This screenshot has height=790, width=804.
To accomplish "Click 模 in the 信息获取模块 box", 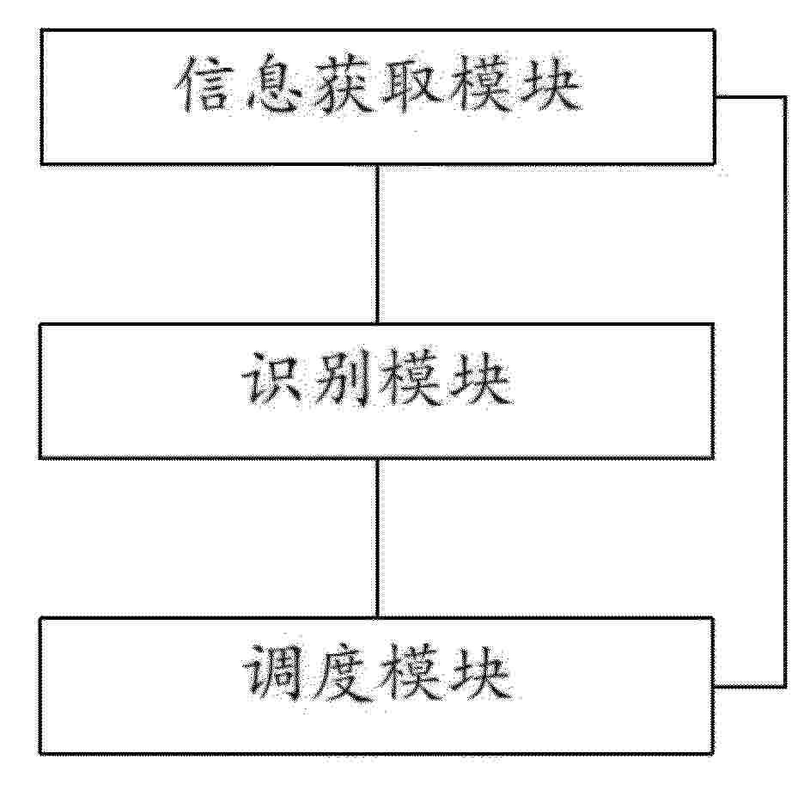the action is [x=480, y=84].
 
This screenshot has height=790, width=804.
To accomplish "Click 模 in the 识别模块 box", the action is [x=411, y=378].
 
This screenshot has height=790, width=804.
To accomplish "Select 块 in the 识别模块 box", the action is [x=480, y=378].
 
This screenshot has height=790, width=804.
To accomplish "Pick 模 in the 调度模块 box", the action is [x=411, y=672].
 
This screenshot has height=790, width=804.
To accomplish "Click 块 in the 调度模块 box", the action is [x=480, y=672].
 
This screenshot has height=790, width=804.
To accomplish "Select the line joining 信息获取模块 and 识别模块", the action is [x=377, y=244].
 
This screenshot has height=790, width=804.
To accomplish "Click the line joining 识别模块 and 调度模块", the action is [x=377, y=538].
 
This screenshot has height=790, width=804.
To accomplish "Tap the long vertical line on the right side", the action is [x=784, y=391].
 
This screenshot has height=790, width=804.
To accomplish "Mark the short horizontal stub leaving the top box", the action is [x=750, y=96].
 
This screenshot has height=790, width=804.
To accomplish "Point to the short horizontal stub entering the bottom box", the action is [x=750, y=685].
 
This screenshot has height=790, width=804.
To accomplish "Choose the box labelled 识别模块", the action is [x=377, y=324].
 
